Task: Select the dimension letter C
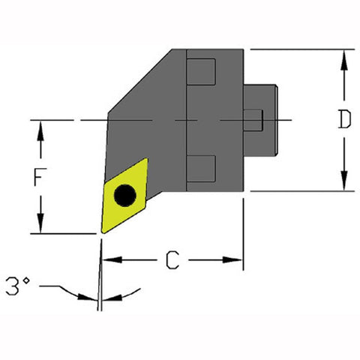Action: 172,261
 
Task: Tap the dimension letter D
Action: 344,120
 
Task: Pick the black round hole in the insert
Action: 124,196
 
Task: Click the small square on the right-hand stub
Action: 255,120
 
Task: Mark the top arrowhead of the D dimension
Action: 344,57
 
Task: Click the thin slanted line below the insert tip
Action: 98,277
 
